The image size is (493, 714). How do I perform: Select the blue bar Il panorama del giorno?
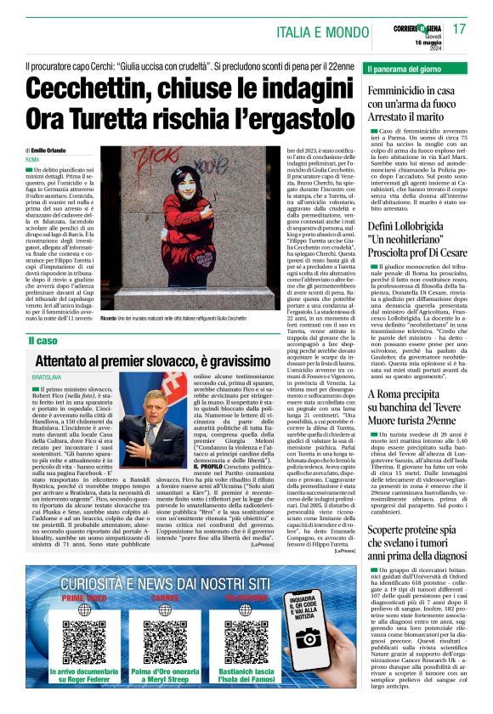pyautogui.click(x=415, y=68)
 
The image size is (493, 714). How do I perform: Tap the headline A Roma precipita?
pyautogui.click(x=412, y=394)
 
